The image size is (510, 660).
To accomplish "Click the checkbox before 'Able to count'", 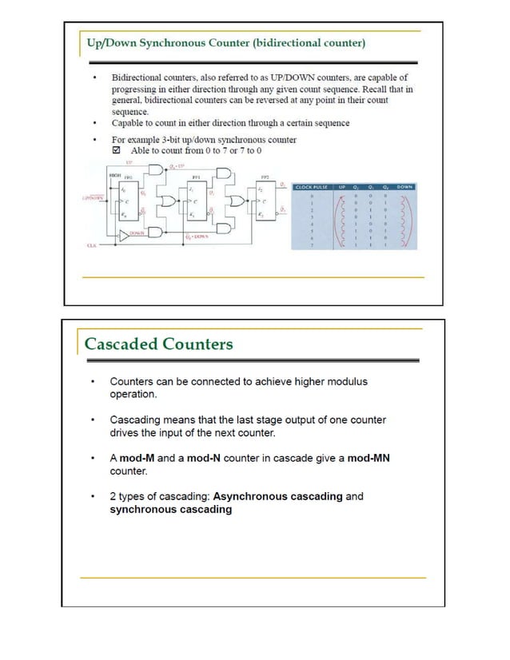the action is pos(116,150).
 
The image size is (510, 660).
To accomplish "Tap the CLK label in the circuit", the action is pos(92,246).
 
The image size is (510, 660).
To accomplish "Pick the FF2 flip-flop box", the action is pos(265,201).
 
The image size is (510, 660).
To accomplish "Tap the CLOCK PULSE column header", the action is pos(313,187).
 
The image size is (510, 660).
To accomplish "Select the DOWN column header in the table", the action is pos(404,187).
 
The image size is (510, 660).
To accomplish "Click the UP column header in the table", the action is pos(341,187).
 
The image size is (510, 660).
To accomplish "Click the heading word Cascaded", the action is pos(121,344).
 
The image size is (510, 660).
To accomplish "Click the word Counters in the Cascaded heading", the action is pos(197,344).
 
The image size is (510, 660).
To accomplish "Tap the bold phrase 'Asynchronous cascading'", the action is pos(278,496).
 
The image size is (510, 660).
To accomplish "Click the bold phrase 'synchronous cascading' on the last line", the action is pos(170,509).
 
